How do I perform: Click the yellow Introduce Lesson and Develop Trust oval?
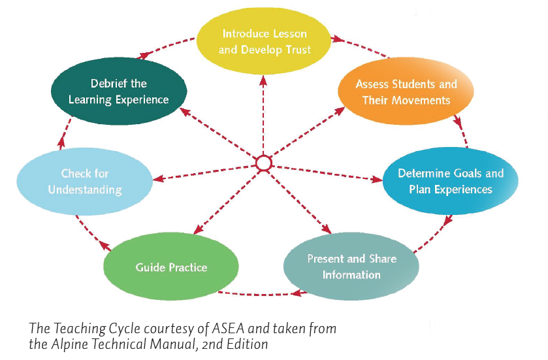point(263,41)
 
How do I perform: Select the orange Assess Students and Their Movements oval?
point(406,91)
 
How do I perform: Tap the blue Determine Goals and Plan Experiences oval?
point(451,181)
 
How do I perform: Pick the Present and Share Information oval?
point(351,267)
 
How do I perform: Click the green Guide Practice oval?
point(171,267)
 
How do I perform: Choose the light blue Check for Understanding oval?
point(84,182)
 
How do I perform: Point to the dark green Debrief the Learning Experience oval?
point(119,91)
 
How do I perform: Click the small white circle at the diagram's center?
point(263,163)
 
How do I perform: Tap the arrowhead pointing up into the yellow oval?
point(263,81)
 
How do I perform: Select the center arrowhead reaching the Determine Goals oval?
point(378,179)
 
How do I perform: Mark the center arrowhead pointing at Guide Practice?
point(198,229)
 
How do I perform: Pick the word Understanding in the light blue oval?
point(85,189)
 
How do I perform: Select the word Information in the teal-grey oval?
point(351,274)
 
